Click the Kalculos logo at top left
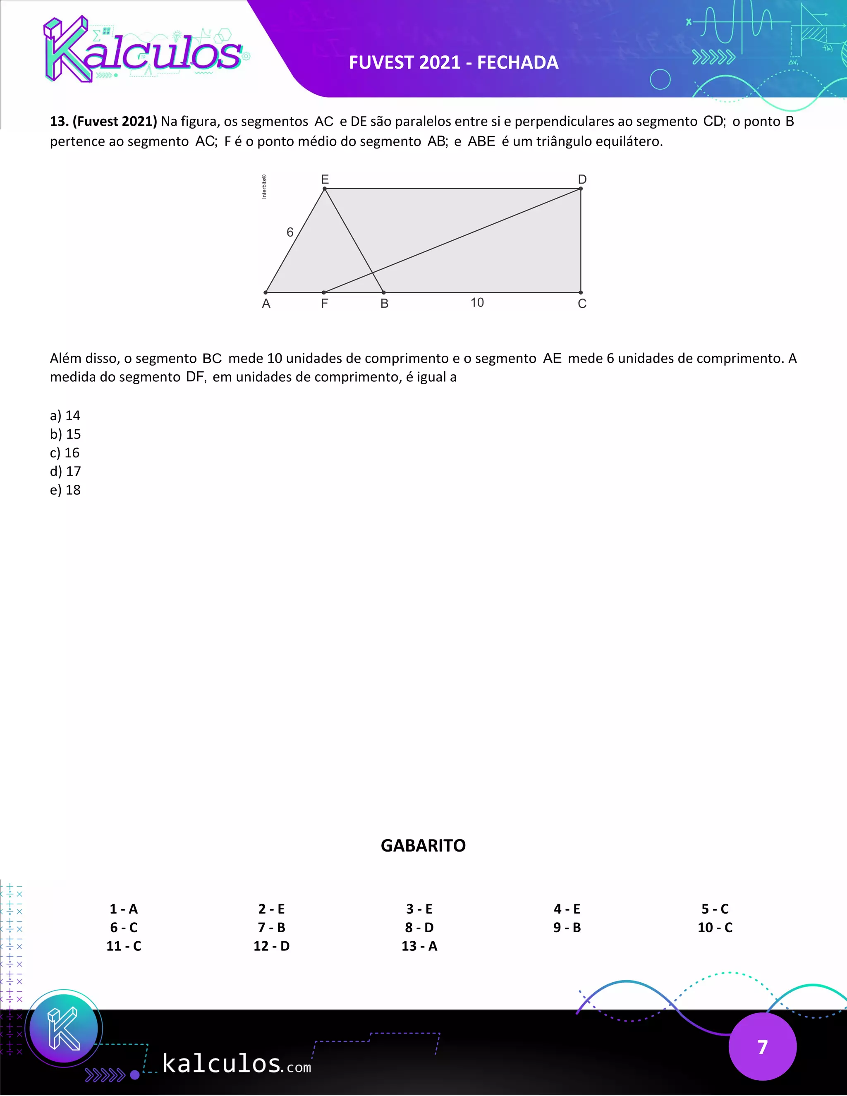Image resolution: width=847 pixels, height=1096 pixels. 143,50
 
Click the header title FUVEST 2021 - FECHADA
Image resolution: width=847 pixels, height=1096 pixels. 454,62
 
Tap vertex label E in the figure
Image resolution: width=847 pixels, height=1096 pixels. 325,179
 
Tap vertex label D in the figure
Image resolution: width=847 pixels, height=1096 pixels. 582,179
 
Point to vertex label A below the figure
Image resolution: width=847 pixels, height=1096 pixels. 266,303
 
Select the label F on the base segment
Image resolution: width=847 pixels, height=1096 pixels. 324,303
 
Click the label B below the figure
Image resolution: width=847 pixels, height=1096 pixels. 384,303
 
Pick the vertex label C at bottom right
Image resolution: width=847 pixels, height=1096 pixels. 582,303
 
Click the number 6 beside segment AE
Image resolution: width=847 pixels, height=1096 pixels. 290,232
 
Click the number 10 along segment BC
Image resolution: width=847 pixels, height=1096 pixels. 477,302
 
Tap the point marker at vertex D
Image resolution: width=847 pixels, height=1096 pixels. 581,189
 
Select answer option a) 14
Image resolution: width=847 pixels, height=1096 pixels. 65,416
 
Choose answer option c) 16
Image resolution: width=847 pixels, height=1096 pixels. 65,452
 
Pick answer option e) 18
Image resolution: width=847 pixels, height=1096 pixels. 65,490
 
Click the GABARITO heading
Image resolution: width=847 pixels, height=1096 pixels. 423,846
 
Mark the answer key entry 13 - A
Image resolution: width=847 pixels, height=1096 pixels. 419,946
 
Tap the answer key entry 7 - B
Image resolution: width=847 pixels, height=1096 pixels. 271,927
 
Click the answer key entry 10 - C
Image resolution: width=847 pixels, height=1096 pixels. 715,927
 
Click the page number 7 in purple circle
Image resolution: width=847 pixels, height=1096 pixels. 762,1047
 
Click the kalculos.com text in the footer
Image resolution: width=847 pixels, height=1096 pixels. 236,1064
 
